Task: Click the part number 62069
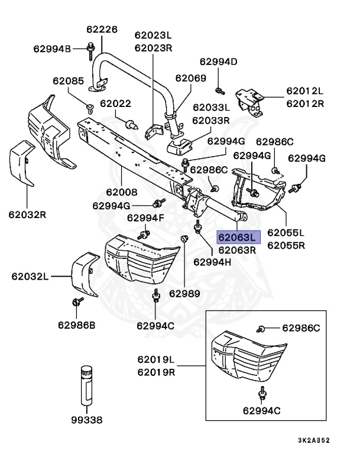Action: click(190, 77)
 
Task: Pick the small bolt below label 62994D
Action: click(219, 90)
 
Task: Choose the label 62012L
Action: click(305, 90)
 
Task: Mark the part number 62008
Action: click(122, 192)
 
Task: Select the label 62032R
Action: click(27, 213)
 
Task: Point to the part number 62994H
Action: click(211, 261)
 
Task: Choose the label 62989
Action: click(184, 293)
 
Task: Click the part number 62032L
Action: click(31, 276)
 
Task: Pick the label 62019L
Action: click(156, 359)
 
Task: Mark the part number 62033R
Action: click(211, 120)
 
